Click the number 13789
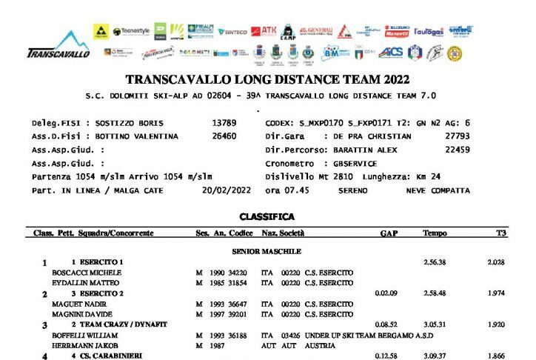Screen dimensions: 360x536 click(x=224, y=122)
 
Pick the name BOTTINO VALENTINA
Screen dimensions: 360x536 click(x=137, y=136)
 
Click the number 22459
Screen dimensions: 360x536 click(x=458, y=150)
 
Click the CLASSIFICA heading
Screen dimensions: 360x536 click(x=267, y=217)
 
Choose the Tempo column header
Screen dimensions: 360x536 click(x=435, y=233)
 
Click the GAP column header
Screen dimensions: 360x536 click(x=389, y=233)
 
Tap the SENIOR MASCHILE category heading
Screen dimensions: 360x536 click(x=267, y=252)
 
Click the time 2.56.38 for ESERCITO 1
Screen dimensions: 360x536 click(x=435, y=262)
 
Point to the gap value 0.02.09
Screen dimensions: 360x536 click(x=388, y=293)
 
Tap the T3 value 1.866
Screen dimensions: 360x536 click(x=497, y=356)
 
